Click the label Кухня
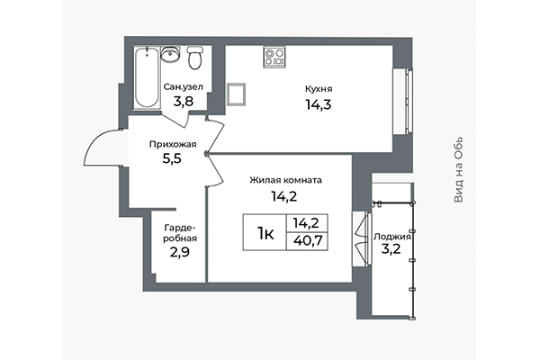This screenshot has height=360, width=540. coord(319,89)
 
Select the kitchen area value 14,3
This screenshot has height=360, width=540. coord(319,104)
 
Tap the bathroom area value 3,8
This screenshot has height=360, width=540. coord(184,102)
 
